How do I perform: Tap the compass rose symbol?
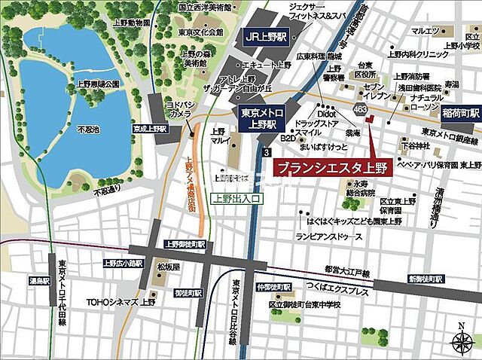[461, 341]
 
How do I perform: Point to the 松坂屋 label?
[167, 267]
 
